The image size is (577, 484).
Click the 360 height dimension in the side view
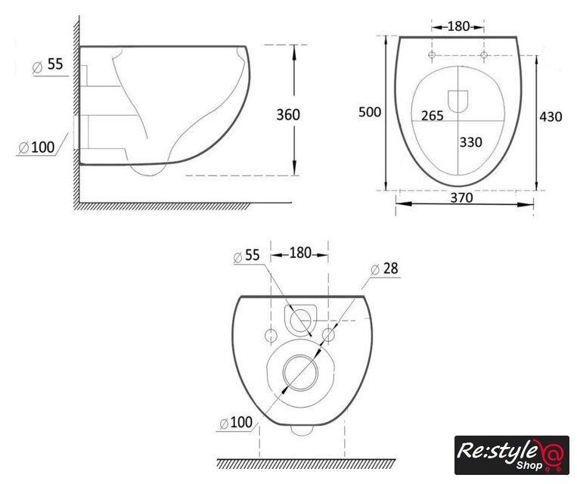288,115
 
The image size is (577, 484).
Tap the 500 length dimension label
370,112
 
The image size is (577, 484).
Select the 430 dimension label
551,116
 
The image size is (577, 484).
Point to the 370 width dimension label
462,197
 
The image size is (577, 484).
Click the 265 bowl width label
433,116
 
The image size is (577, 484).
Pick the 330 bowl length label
470,142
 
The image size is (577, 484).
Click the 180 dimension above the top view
458,26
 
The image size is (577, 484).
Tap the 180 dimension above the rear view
300,253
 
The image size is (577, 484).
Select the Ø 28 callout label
385,268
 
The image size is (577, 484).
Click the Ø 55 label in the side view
48,65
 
